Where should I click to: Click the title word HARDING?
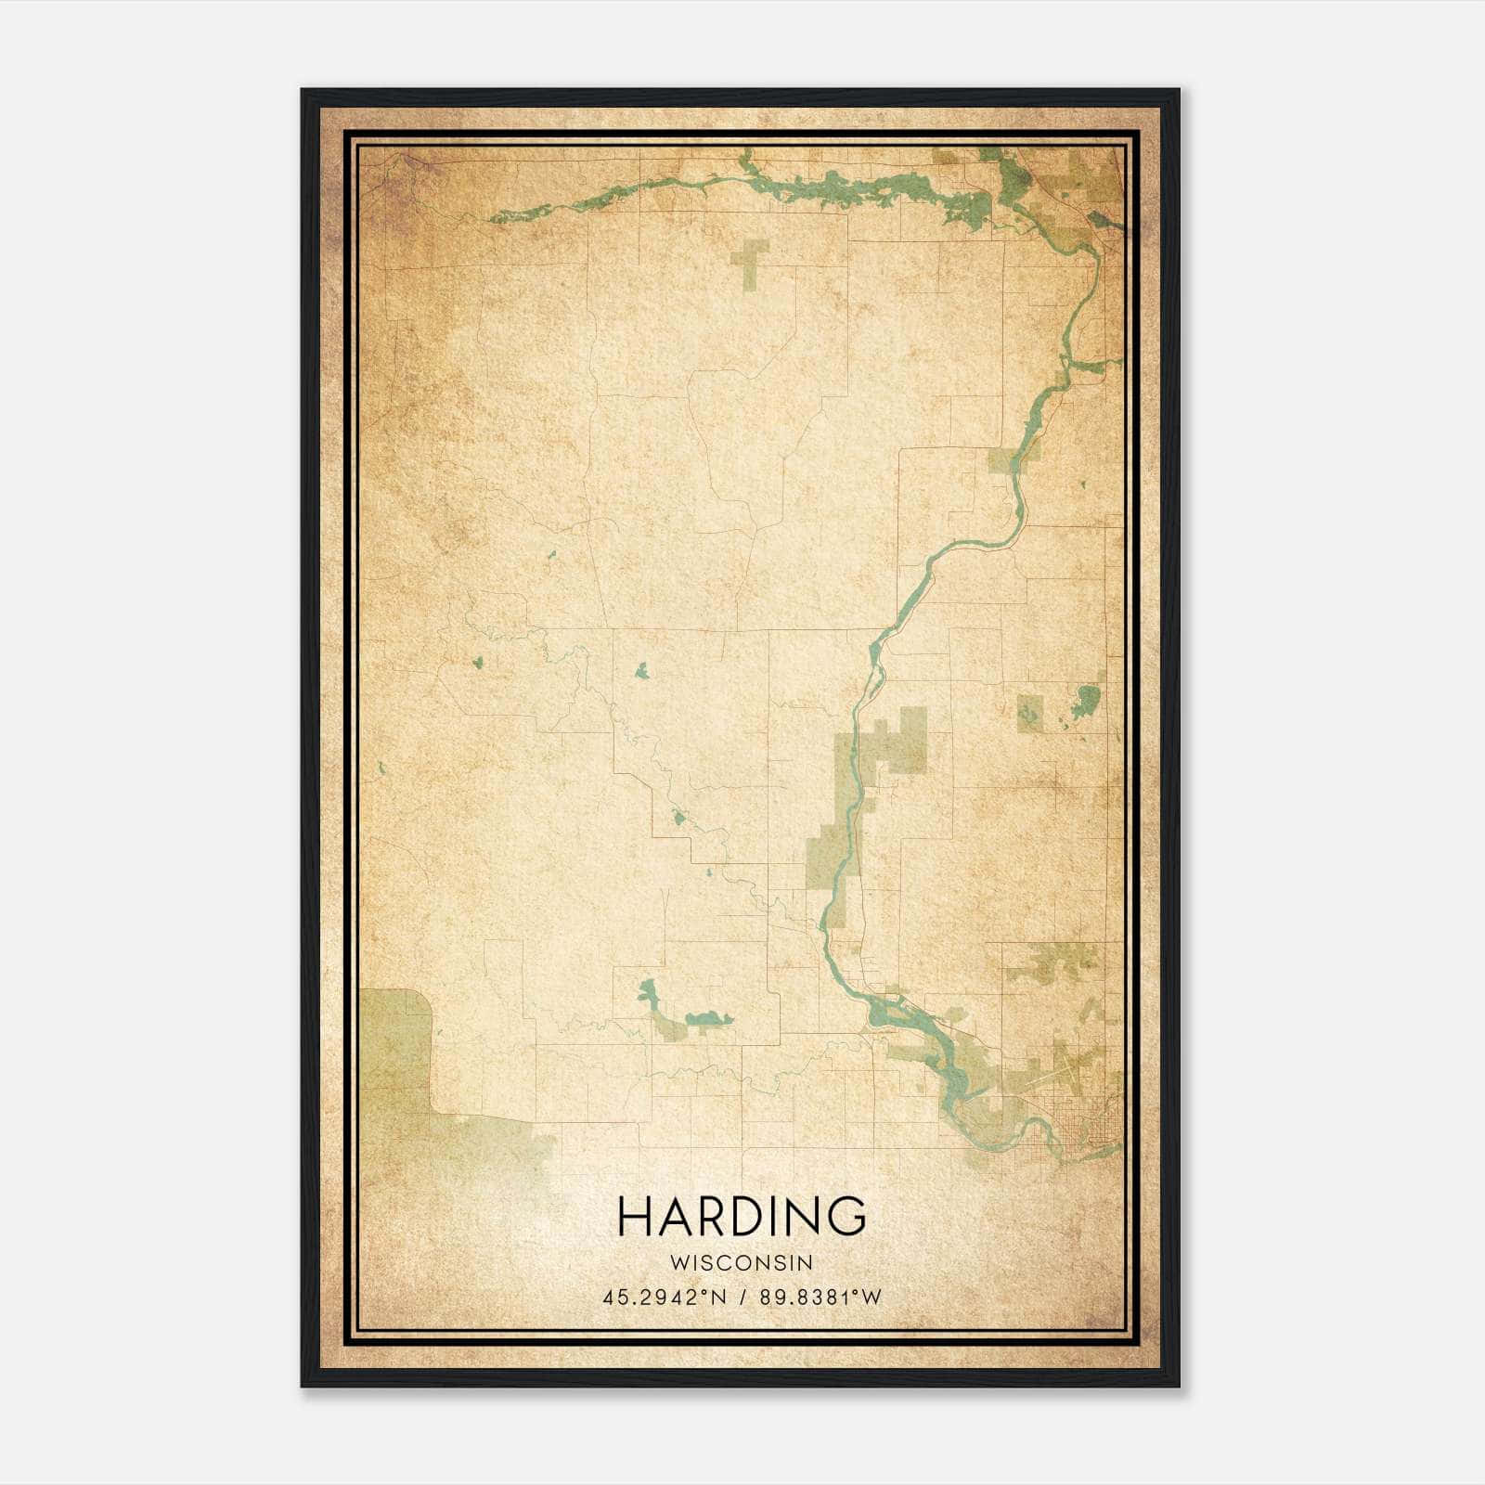(x=742, y=1217)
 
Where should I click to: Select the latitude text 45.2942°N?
(x=663, y=1298)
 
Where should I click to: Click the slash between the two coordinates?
(x=742, y=1298)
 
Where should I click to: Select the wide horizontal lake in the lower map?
(x=709, y=1019)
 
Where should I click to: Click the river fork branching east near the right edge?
(x=1095, y=362)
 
